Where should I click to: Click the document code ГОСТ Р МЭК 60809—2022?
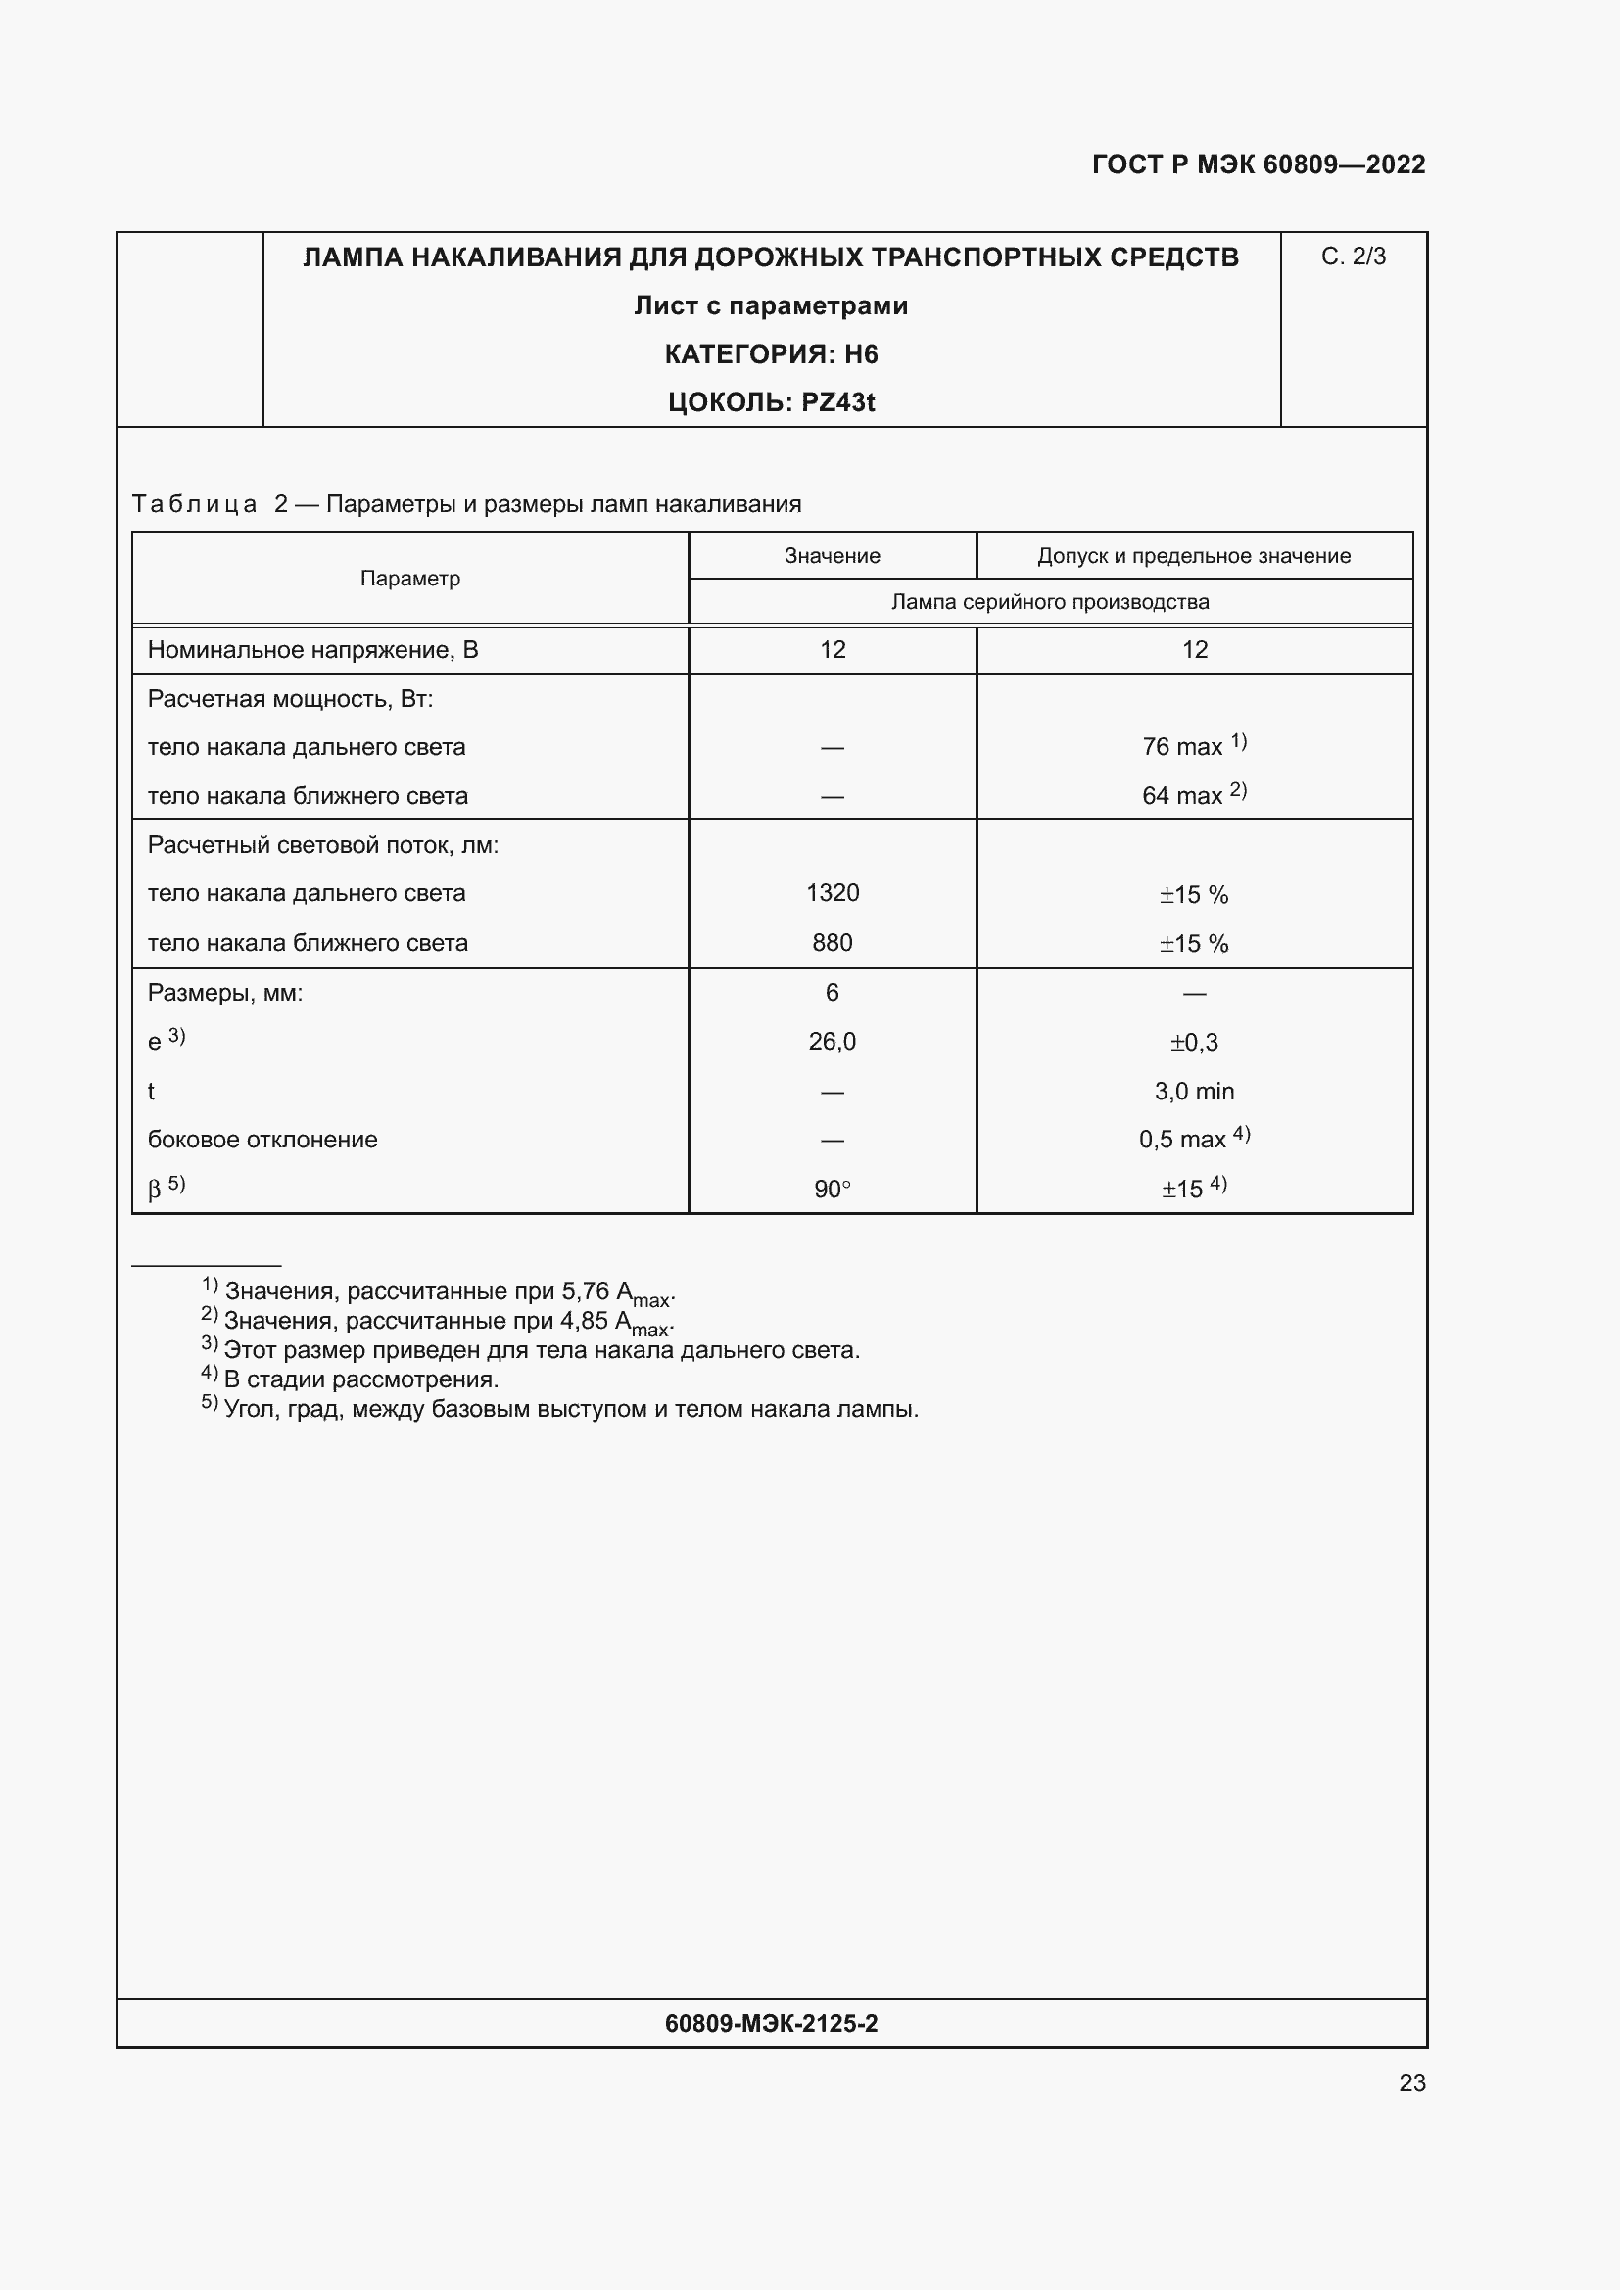click(x=1258, y=164)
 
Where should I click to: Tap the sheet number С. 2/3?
click(x=1353, y=257)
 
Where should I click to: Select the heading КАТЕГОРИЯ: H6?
click(x=770, y=354)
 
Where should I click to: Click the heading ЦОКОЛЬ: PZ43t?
click(x=770, y=402)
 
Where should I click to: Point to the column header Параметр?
click(x=410, y=579)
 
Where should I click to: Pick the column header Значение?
click(x=832, y=555)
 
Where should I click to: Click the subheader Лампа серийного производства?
click(x=1049, y=601)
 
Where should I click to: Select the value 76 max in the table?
click(x=1182, y=746)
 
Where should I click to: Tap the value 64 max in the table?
click(x=1182, y=795)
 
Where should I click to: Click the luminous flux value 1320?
click(x=832, y=893)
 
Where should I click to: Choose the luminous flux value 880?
click(x=832, y=943)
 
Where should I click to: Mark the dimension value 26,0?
click(x=832, y=1042)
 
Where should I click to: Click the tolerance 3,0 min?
click(x=1194, y=1091)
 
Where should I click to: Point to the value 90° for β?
click(x=832, y=1189)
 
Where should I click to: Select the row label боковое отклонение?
click(x=262, y=1139)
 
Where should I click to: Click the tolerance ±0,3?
click(x=1194, y=1043)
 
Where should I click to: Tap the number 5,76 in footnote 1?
click(x=585, y=1290)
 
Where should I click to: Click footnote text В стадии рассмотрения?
click(x=361, y=1379)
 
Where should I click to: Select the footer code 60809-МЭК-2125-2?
click(x=770, y=2023)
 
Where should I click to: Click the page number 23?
click(x=1411, y=2082)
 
